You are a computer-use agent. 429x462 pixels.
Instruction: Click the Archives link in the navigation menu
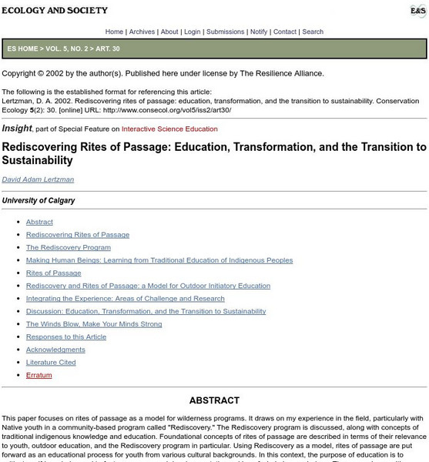pyautogui.click(x=142, y=32)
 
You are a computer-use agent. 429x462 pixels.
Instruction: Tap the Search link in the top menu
pyautogui.click(x=313, y=32)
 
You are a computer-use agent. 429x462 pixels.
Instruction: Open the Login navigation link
pyautogui.click(x=192, y=32)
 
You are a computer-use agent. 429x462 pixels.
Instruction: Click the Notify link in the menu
pyautogui.click(x=258, y=32)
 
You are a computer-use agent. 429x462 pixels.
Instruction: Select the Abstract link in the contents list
pyautogui.click(x=39, y=222)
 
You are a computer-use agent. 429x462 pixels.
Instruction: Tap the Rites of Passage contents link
pyautogui.click(x=53, y=273)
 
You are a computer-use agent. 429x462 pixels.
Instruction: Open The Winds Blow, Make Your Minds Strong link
pyautogui.click(x=94, y=324)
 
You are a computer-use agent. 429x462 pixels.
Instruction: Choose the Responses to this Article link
pyautogui.click(x=65, y=336)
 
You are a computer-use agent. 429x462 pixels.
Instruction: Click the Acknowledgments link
pyautogui.click(x=55, y=350)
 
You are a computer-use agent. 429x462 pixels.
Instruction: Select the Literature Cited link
pyautogui.click(x=51, y=362)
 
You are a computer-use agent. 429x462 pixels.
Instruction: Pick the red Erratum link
pyautogui.click(x=38, y=375)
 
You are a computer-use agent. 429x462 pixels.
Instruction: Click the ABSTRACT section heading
pyautogui.click(x=214, y=400)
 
